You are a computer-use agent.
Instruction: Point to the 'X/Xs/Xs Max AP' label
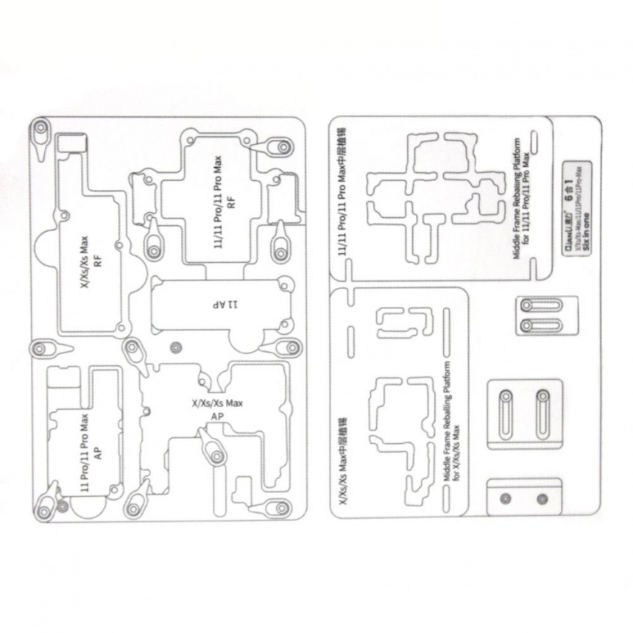pos(216,409)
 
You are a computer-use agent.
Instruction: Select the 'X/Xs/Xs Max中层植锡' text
pos(343,460)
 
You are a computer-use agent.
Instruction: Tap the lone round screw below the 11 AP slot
pos(175,347)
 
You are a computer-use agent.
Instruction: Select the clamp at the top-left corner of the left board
pos(40,131)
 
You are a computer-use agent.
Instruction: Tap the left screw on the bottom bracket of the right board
pos(506,499)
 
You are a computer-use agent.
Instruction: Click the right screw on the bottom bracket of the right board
pos(542,499)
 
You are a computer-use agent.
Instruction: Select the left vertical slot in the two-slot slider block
pos(506,414)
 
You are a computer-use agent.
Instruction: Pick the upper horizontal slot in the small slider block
pos(540,305)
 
